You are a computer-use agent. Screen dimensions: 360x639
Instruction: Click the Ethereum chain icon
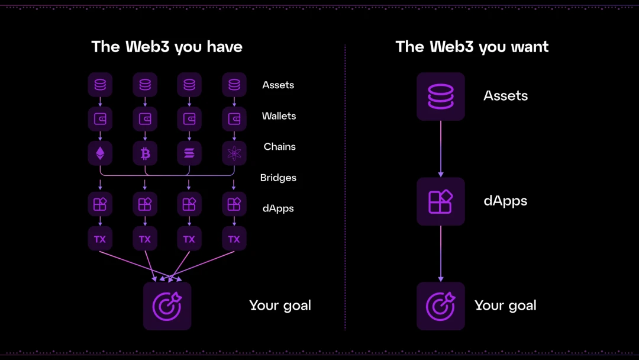click(100, 154)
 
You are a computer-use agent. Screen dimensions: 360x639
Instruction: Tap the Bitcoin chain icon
click(145, 154)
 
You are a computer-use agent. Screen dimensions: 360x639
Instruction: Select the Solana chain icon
click(189, 154)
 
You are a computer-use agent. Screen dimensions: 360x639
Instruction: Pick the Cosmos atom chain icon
click(234, 154)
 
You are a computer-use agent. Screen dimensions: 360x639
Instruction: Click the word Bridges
click(278, 178)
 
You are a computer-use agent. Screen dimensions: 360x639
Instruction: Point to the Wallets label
click(279, 116)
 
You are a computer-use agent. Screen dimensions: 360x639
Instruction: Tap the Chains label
click(279, 147)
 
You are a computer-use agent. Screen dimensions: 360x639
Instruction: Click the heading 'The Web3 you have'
click(167, 47)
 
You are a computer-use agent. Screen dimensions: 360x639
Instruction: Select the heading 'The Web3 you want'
click(472, 47)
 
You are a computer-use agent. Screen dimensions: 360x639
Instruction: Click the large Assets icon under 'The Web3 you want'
click(441, 97)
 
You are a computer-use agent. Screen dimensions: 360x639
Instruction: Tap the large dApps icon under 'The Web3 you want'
click(441, 201)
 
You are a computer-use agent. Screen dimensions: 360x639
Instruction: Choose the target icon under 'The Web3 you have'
click(167, 306)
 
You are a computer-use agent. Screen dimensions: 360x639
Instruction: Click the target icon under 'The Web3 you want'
click(441, 306)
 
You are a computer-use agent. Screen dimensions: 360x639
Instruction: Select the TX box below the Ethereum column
click(100, 239)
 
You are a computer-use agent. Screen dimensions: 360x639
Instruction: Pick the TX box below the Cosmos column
click(234, 239)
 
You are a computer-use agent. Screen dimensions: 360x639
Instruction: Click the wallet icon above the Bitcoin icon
click(145, 119)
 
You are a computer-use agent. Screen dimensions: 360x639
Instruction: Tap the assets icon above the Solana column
click(189, 85)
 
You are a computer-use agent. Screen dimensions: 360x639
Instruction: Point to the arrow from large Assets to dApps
click(441, 149)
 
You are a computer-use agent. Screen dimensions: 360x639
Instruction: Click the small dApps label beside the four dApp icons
click(278, 208)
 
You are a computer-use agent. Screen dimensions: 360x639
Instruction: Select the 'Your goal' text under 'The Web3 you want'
click(505, 306)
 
